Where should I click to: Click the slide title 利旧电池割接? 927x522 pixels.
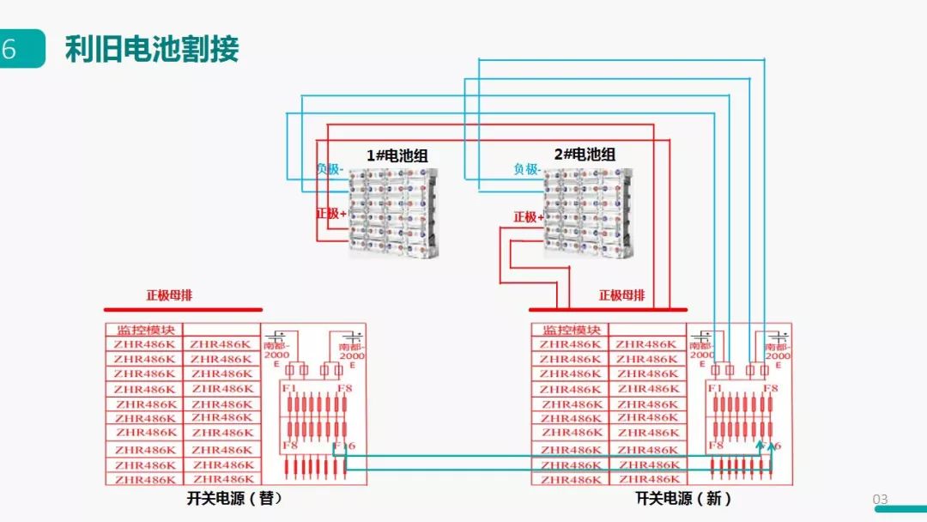click(152, 49)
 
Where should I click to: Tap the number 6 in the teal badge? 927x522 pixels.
click(9, 49)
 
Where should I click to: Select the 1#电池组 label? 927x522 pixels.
click(397, 155)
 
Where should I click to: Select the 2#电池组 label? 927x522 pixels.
click(585, 155)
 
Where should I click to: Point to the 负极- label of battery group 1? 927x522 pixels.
click(330, 169)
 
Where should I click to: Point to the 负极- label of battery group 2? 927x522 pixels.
click(527, 169)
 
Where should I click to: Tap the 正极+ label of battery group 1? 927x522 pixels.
click(331, 212)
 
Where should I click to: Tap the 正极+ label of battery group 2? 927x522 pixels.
click(528, 217)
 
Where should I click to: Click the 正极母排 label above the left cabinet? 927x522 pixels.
click(169, 295)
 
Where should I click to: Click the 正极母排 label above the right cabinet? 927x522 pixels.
click(621, 295)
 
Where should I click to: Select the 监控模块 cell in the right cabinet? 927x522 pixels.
click(570, 330)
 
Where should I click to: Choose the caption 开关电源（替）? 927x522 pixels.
click(234, 498)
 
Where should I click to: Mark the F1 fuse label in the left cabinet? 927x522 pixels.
click(289, 388)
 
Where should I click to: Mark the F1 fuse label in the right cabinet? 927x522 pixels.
click(714, 388)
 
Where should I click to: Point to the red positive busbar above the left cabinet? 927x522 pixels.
click(183, 309)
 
